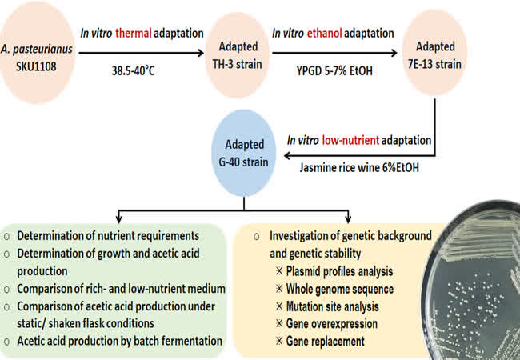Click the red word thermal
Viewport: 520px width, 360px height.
point(134,33)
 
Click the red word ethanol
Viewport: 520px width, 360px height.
point(324,33)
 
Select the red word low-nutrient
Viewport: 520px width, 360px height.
point(350,140)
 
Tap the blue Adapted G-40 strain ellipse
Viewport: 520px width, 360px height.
point(244,153)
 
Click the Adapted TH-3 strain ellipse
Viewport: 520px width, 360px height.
point(238,55)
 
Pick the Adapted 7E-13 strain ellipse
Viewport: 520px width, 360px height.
point(434,53)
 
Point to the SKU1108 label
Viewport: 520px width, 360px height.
point(36,66)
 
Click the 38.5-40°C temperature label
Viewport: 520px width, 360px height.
point(134,70)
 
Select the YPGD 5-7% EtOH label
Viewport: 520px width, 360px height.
point(334,70)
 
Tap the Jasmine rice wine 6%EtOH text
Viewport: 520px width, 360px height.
point(359,167)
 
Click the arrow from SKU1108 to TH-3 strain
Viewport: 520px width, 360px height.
point(142,53)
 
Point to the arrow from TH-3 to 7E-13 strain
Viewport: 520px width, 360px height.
point(334,53)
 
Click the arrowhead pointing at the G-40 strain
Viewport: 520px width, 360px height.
point(288,155)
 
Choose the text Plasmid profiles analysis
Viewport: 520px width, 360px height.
point(339,271)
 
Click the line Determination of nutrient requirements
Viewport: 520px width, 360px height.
point(108,236)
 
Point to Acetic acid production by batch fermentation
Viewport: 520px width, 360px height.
point(120,341)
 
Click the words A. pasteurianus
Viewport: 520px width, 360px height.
point(37,49)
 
